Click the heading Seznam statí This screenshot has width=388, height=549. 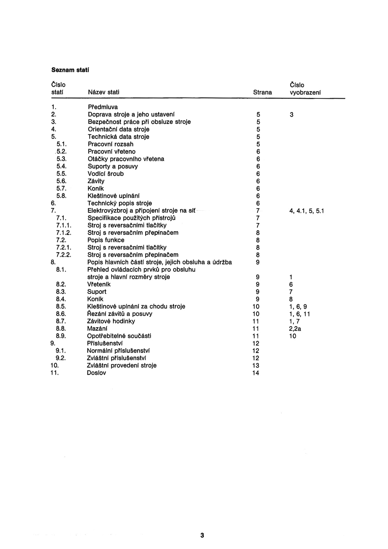(x=70, y=70)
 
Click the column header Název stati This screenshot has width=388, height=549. (x=103, y=92)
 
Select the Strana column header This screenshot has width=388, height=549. (x=262, y=92)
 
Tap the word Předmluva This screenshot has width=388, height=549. (x=103, y=107)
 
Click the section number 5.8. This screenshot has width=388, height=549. (x=62, y=196)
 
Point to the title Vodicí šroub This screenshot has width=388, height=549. (x=105, y=174)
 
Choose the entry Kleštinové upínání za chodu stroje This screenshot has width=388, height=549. (x=136, y=306)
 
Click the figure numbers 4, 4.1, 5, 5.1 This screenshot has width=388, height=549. (x=306, y=211)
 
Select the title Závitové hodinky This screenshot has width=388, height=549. (x=111, y=321)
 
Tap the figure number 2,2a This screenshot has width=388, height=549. (x=295, y=329)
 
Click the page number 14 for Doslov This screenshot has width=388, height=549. (x=256, y=373)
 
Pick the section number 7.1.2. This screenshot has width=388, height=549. (x=64, y=233)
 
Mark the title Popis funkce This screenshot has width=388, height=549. (x=106, y=240)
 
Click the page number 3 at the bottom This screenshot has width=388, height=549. (x=202, y=535)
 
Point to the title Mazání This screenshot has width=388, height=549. (x=97, y=329)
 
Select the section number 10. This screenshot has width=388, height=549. (x=54, y=365)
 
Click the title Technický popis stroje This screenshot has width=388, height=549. (x=120, y=203)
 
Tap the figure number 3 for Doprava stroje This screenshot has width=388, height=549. (x=291, y=115)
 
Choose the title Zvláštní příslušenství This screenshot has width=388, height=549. (x=116, y=358)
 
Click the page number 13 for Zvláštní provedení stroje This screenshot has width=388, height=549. (x=256, y=366)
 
